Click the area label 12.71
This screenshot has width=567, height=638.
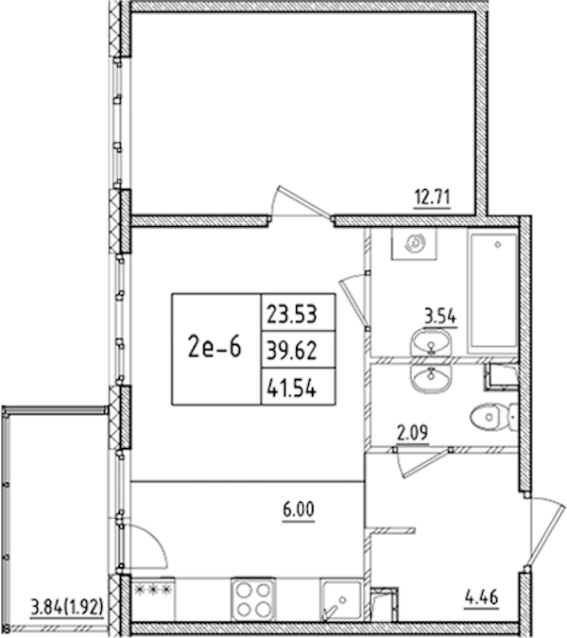[x=432, y=198]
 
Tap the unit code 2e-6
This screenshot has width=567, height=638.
[x=215, y=347]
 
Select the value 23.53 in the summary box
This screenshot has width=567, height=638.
[x=292, y=315]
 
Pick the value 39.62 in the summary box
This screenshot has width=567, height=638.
[x=292, y=351]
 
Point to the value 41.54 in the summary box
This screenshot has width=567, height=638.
[x=292, y=388]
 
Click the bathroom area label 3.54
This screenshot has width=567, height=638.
[x=440, y=317]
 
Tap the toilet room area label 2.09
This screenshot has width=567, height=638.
[x=413, y=433]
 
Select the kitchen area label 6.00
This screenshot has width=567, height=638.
[x=299, y=509]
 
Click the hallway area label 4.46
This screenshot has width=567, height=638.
[x=482, y=597]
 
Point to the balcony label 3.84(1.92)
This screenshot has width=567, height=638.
[x=67, y=608]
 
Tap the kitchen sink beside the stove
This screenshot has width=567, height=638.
[x=341, y=600]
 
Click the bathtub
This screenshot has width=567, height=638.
[x=493, y=292]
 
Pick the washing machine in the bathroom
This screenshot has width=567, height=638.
[x=414, y=244]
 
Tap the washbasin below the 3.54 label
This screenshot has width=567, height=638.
[x=431, y=344]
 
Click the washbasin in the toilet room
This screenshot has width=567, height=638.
[x=431, y=377]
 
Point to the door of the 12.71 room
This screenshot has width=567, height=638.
[x=301, y=202]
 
